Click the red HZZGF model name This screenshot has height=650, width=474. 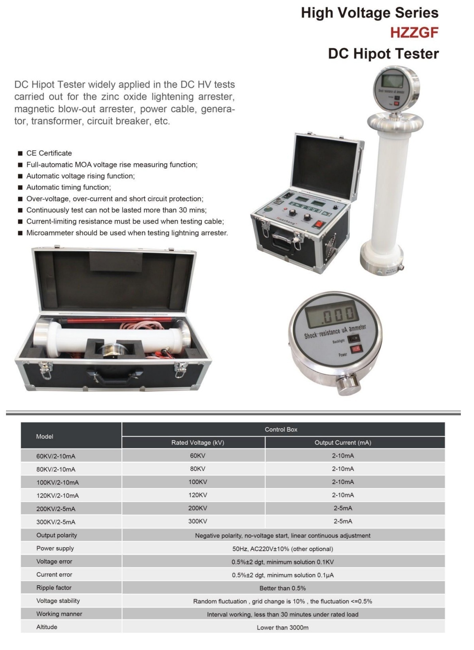tap(414, 33)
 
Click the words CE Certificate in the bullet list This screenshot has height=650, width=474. tap(49, 153)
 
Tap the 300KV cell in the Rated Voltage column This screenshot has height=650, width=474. tap(198, 521)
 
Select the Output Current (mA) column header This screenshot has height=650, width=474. tap(343, 443)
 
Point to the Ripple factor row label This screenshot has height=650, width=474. tap(54, 588)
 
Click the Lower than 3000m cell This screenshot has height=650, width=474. tap(282, 628)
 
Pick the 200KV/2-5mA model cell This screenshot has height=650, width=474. tap(56, 509)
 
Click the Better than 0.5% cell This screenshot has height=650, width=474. tap(282, 588)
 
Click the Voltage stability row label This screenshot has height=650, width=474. tap(58, 601)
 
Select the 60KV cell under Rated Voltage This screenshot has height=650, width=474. tap(198, 456)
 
